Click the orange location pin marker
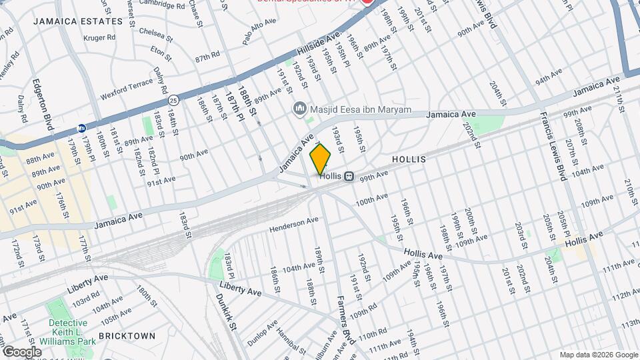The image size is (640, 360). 321,159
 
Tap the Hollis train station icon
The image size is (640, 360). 348,176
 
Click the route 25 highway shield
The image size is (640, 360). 173,100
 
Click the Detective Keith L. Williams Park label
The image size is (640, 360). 67,331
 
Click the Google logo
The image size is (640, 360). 22,351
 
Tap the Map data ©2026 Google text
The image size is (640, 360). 598,355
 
